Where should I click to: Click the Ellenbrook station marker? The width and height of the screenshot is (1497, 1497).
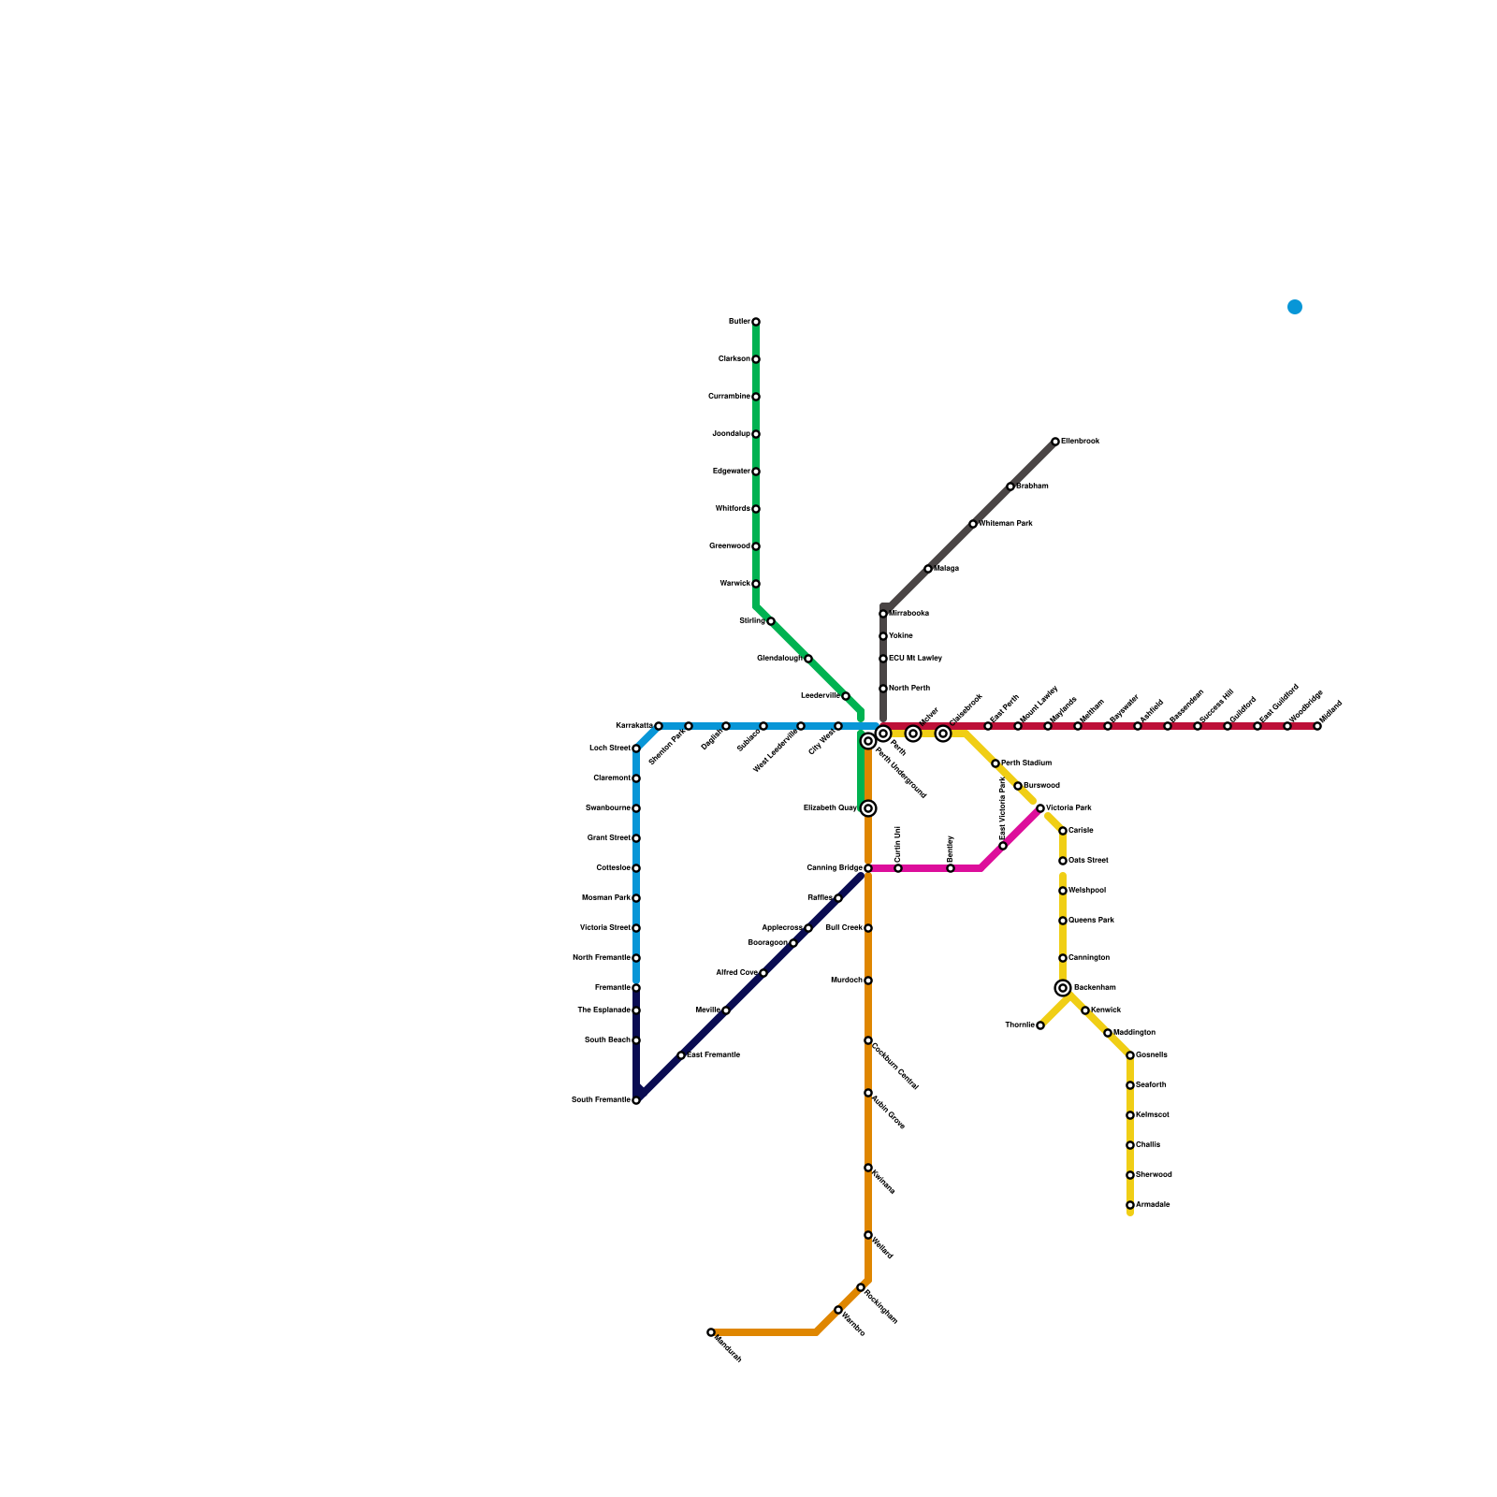pos(1055,442)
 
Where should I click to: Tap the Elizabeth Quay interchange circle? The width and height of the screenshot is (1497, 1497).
pos(868,808)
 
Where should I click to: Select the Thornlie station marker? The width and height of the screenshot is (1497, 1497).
pos(1040,1025)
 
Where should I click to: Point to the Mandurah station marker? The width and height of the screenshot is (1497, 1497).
pos(711,1332)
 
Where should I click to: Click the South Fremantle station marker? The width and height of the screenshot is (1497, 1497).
pos(636,1100)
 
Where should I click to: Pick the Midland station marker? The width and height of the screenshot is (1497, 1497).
pos(1317,726)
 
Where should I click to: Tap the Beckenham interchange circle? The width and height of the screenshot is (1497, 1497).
pos(1063,988)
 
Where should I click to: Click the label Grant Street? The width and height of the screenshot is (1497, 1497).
pos(608,838)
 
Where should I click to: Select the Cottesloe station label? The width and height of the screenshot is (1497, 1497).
pos(613,868)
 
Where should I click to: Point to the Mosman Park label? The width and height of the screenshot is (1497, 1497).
pos(605,898)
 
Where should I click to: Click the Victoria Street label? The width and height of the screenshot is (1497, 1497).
pos(604,928)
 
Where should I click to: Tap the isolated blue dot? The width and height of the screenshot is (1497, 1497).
pos(1295,307)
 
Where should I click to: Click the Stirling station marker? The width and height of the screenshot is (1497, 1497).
pos(771,621)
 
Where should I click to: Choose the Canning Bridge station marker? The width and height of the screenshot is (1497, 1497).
pos(868,868)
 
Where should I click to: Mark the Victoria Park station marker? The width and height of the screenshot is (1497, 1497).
pos(1040,808)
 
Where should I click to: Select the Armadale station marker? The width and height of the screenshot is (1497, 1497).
pos(1130,1205)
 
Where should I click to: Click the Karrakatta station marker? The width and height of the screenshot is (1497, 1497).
pos(659,726)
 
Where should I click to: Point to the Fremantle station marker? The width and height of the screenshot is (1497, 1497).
pos(636,988)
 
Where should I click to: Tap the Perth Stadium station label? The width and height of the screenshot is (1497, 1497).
pos(1026,763)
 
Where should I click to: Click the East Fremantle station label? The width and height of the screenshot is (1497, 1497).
pos(714,1055)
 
